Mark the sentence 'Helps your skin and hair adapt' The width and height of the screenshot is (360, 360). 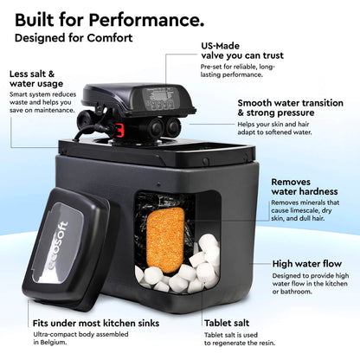click(x=292, y=133)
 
